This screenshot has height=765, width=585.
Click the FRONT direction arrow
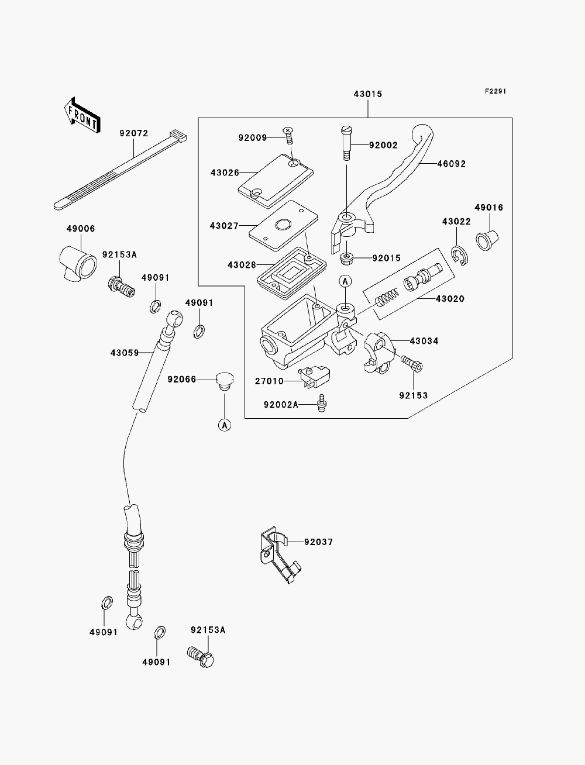(x=82, y=115)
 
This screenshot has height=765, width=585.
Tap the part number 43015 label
(x=368, y=94)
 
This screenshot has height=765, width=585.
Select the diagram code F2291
(x=495, y=91)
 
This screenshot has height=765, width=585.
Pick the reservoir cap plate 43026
(x=276, y=181)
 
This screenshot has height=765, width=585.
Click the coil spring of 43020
(x=387, y=297)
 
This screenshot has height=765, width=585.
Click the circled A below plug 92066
(x=225, y=425)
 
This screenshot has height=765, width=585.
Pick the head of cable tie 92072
(x=178, y=136)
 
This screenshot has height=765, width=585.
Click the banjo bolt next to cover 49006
(x=121, y=287)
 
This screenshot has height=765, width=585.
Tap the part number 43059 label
(x=125, y=353)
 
